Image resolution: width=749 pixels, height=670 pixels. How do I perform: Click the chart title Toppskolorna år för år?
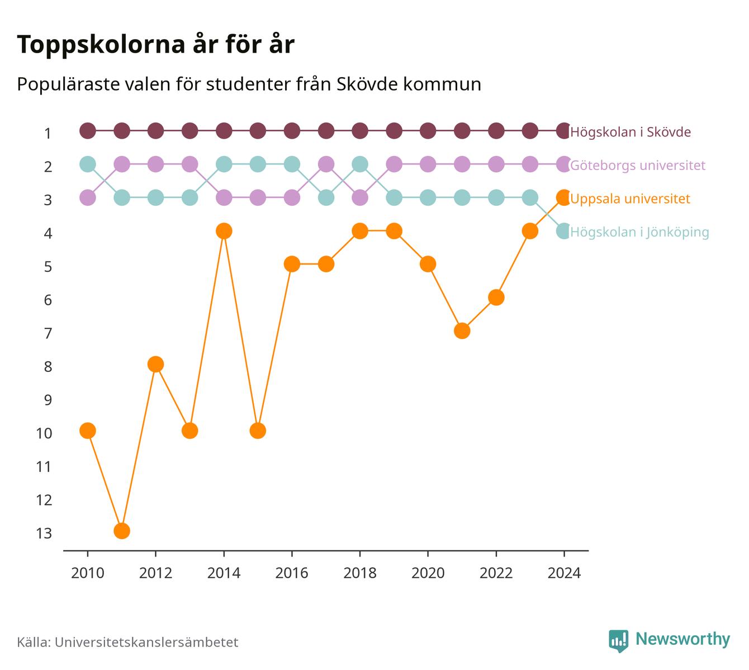tap(155, 45)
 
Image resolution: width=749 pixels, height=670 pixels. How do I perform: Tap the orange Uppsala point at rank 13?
tap(122, 531)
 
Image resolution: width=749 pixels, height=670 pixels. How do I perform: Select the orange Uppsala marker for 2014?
tap(224, 231)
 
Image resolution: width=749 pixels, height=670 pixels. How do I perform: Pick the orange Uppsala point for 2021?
tap(462, 331)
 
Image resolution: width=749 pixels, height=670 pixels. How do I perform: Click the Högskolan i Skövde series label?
tap(631, 132)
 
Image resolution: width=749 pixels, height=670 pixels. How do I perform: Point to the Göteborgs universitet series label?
tap(638, 166)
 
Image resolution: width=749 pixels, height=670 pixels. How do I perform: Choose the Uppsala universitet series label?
tap(630, 199)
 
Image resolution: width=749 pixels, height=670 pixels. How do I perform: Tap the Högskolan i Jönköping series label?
tap(639, 232)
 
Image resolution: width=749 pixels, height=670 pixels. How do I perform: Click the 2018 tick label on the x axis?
tap(360, 573)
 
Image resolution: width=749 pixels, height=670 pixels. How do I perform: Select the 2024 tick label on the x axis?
tap(564, 573)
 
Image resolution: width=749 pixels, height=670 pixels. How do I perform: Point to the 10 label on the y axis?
tap(44, 433)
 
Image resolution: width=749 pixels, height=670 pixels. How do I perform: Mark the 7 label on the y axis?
tap(48, 334)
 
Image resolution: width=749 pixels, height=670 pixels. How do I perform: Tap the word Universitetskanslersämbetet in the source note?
tap(146, 643)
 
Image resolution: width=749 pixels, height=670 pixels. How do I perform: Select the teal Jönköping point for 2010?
tap(88, 164)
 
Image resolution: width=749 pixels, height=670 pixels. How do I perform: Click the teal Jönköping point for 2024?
tap(564, 231)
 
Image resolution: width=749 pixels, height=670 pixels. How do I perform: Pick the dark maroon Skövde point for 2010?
tap(88, 131)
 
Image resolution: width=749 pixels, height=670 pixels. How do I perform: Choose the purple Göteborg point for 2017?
tap(326, 164)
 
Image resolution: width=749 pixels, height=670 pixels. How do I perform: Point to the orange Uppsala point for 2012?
tap(155, 365)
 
